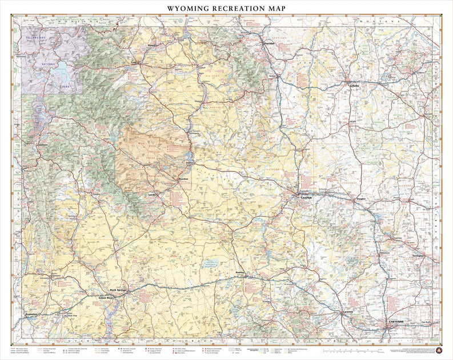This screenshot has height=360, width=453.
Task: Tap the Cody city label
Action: pos(135,63)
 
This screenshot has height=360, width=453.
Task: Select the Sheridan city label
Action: pos(268,43)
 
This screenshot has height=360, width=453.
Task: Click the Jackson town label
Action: pos(42,145)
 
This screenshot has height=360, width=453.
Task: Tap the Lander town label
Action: pos(153,194)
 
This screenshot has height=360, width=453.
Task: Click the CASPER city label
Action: pos(306,197)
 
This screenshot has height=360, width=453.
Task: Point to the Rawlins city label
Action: pos(241,273)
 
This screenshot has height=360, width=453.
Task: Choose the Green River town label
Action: pos(107,298)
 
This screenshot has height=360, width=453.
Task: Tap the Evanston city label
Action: pos(32,315)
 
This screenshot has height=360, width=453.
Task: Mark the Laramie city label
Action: pos(348,312)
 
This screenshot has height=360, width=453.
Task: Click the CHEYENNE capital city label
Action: pos(396,322)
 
